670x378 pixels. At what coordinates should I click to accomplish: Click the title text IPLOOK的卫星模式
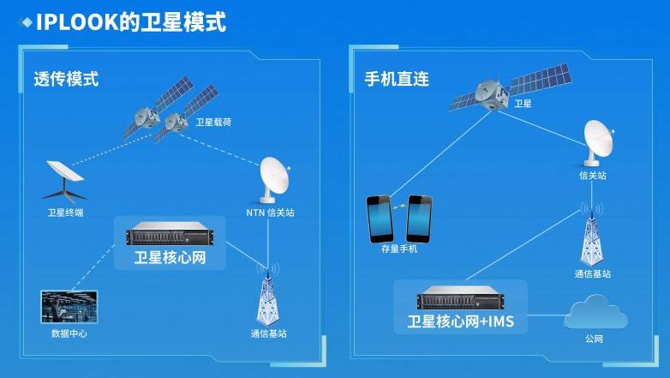point(131,21)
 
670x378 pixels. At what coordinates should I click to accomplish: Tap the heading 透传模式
point(66,79)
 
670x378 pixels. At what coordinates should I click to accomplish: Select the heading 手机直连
point(397,79)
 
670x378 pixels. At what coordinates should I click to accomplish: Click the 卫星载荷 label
point(213,123)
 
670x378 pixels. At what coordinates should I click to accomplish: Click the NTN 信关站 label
point(270,213)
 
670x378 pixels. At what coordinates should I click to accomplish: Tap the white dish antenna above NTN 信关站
point(275,180)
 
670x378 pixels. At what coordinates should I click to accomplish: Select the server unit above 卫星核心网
point(170,234)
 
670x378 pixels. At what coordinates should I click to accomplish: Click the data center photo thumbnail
point(69,307)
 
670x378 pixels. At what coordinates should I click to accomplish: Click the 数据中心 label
point(69,333)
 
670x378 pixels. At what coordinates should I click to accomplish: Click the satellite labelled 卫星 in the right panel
point(511,89)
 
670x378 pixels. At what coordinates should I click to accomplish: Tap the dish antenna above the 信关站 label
point(599,143)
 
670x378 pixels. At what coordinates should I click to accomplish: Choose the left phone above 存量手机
point(380,219)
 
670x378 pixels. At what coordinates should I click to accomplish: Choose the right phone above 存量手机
point(419,219)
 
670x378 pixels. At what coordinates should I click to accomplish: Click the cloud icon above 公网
point(595,312)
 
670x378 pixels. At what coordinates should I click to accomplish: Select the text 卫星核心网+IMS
point(461,321)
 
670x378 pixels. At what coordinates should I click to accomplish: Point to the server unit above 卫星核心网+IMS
point(460,297)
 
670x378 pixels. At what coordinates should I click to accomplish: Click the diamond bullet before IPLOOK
point(27,22)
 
